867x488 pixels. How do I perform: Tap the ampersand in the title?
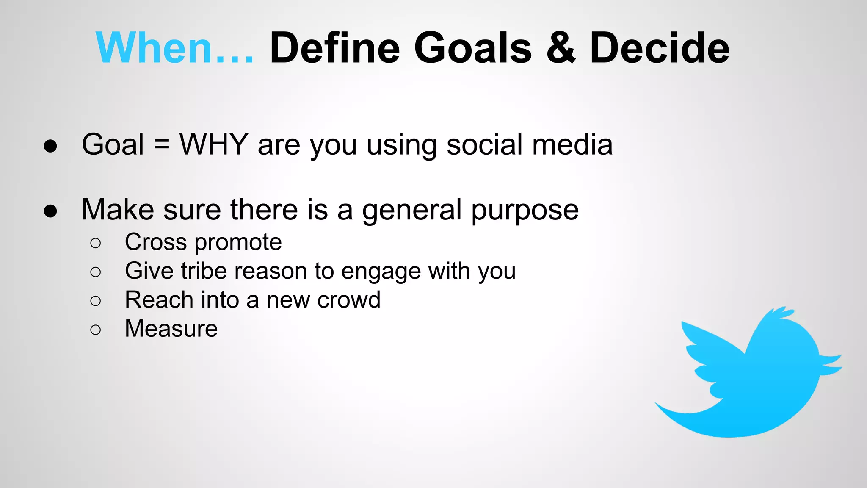561,48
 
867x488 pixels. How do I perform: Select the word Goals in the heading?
472,48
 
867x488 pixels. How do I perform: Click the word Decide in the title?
659,48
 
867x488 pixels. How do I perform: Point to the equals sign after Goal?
161,144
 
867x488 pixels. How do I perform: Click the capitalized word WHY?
213,144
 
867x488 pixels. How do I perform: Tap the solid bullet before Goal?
50,146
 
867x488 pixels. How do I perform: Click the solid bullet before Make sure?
50,211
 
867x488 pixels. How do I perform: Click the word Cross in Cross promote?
155,242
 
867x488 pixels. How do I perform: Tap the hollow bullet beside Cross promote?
96,243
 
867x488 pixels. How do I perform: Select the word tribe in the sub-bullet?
203,271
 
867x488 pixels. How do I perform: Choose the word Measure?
171,329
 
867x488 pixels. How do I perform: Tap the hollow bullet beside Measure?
96,330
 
